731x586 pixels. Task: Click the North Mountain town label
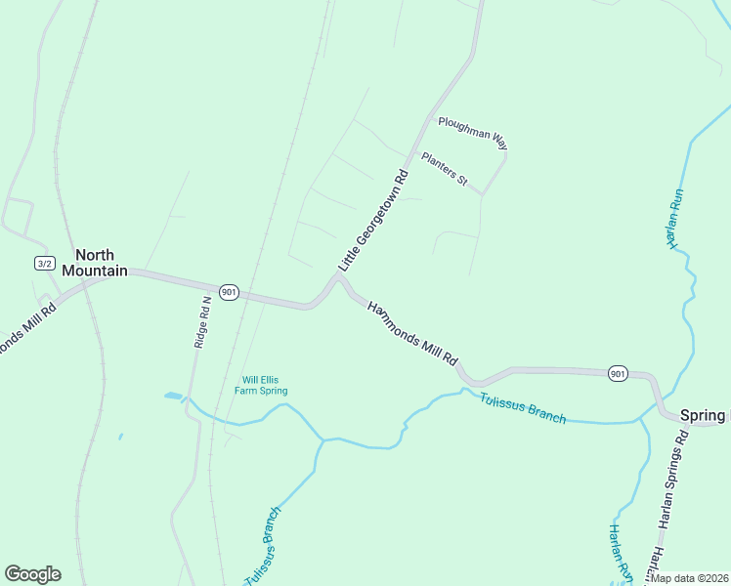95,262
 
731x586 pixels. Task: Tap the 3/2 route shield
44,263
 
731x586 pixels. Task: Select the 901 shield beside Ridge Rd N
229,292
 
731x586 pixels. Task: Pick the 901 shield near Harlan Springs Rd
617,373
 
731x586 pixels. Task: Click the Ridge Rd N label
203,322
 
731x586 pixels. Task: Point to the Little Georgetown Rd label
372,222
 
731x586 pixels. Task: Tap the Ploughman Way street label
473,133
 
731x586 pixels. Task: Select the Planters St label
446,168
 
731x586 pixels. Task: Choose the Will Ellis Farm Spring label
261,386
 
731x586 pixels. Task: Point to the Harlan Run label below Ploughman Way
674,220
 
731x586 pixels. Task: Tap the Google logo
32,574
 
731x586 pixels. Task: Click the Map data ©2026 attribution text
689,578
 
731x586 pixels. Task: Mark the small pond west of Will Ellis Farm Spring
173,396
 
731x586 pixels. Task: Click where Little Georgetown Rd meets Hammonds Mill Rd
338,277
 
